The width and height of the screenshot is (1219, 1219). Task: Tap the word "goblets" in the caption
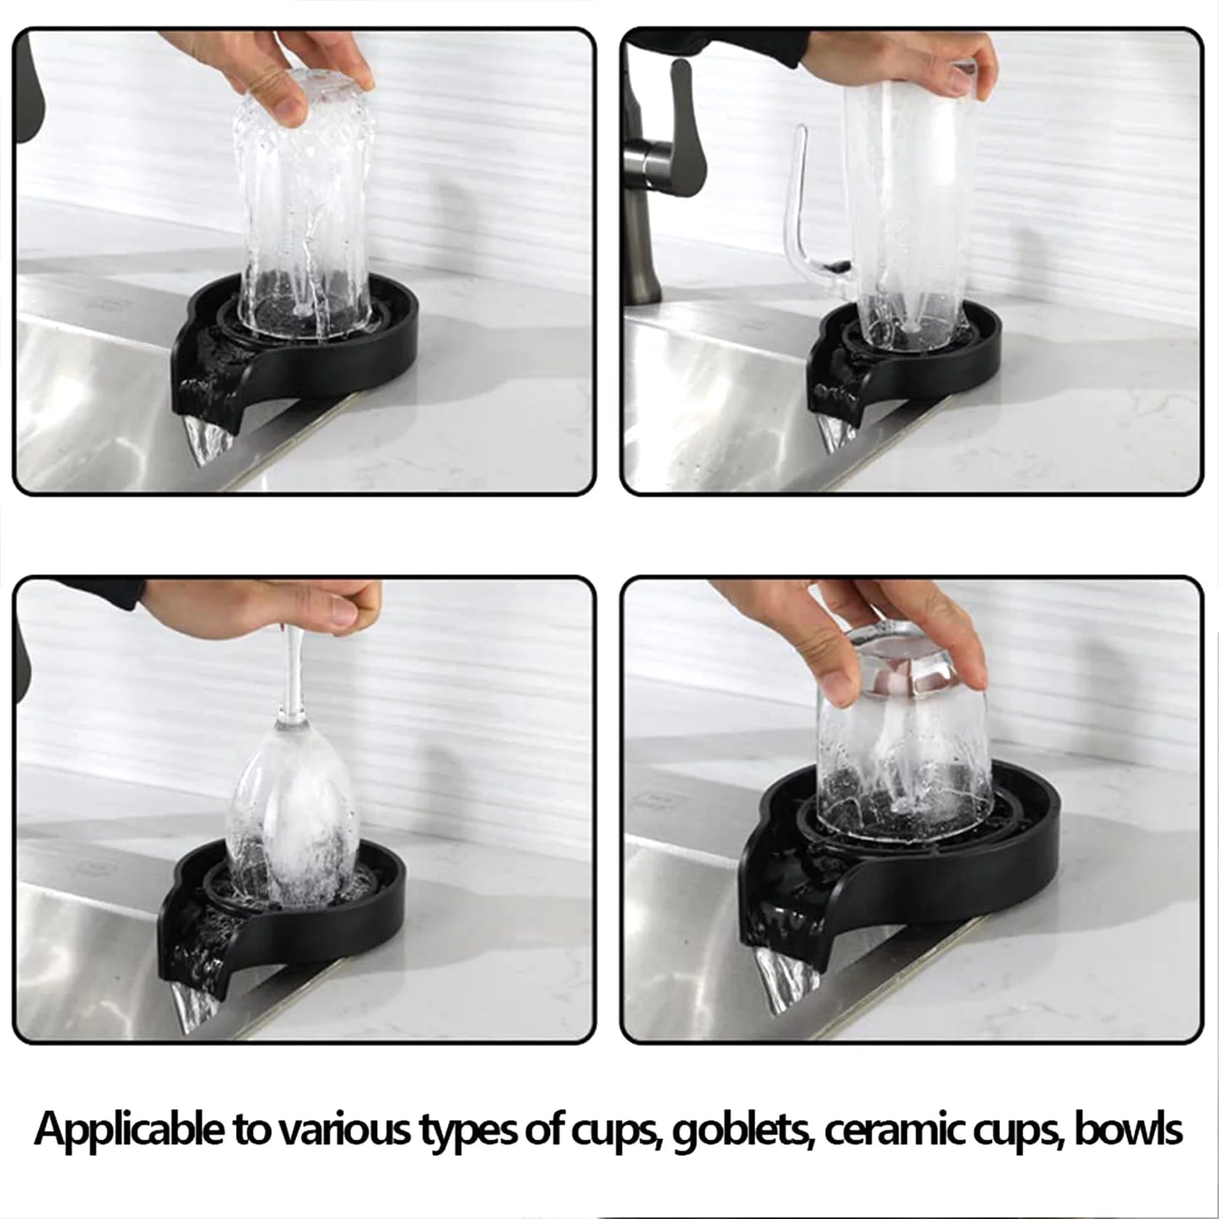pos(742,1130)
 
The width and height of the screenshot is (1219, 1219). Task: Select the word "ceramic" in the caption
pos(894,1130)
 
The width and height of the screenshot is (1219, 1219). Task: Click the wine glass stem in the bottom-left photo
pos(292,675)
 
